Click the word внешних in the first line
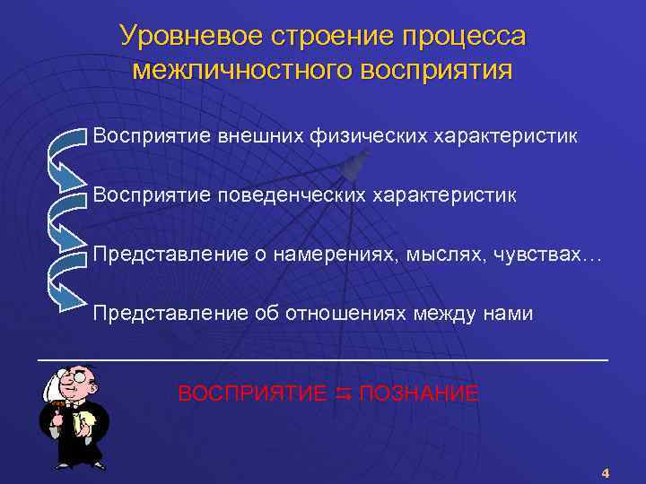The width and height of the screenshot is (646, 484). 259,137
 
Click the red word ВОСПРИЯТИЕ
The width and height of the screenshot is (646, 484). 252,393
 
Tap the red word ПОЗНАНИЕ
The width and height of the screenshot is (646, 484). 418,393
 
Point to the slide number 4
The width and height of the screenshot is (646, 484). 605,472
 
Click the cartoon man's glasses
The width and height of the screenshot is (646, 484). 78,379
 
